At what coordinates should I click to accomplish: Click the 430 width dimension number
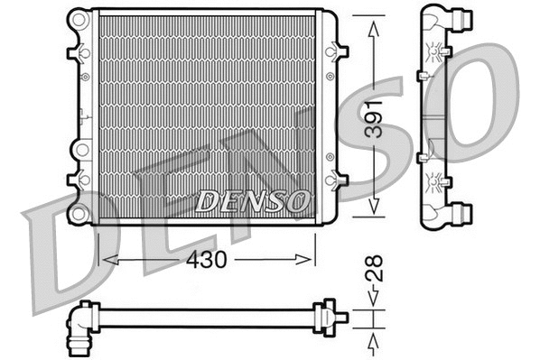click(x=206, y=258)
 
